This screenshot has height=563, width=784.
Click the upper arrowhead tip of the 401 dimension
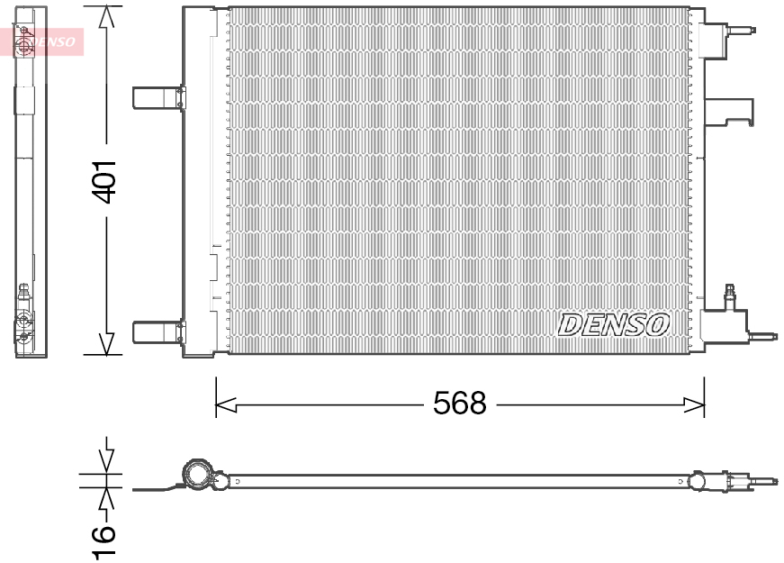106,6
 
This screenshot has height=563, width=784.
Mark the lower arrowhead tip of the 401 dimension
106,354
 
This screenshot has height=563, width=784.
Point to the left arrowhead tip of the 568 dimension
216,404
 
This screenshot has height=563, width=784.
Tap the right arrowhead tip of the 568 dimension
704,404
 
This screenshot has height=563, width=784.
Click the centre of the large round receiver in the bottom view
198,473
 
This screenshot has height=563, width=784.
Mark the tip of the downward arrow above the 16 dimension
106,472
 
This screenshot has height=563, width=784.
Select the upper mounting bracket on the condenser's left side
158,97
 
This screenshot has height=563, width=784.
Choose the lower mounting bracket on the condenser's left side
158,331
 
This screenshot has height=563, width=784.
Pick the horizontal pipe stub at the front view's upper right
741,30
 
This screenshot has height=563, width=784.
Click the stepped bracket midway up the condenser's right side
728,112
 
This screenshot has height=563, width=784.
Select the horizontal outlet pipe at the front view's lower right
762,336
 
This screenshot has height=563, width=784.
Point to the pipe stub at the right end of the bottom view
762,482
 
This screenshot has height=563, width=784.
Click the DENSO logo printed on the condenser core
613,325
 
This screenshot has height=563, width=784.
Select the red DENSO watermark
42,41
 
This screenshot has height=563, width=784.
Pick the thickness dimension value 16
104,540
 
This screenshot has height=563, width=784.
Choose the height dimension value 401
106,182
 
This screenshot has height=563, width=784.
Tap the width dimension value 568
459,403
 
